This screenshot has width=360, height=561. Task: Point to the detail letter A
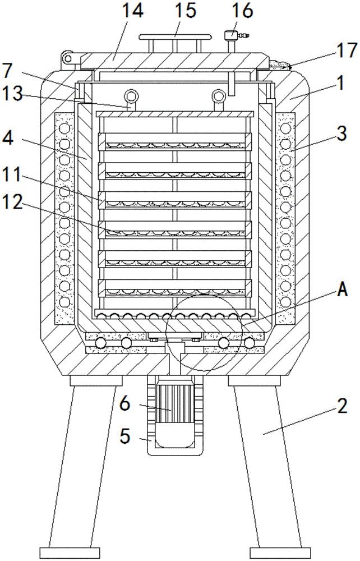coord(343,290)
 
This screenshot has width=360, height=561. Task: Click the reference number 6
coord(124,402)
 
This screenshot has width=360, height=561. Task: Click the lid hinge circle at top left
coord(68,57)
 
